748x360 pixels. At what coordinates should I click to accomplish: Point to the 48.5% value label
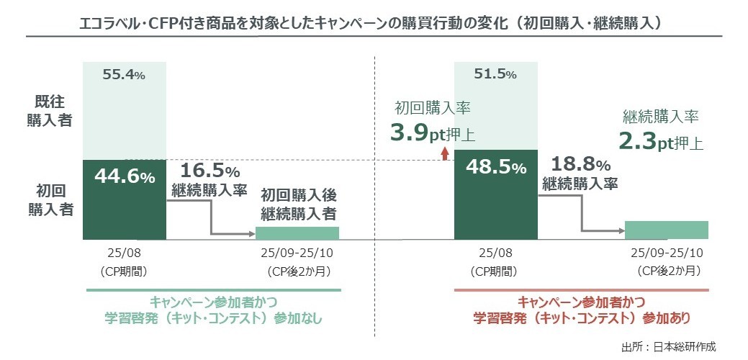point(497,168)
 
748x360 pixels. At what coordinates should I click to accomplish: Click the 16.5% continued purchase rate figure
point(209,171)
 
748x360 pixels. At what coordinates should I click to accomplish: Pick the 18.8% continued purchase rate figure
point(582,165)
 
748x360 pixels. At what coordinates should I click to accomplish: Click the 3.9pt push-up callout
point(436,133)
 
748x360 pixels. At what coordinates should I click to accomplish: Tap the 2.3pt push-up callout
point(663,142)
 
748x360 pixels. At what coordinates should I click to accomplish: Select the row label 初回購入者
point(55,200)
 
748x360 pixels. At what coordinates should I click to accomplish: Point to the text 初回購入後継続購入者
point(299,204)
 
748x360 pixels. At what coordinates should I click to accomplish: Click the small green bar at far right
point(667,229)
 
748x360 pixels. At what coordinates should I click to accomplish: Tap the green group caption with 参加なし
point(215,309)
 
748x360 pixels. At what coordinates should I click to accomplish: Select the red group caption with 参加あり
point(581,309)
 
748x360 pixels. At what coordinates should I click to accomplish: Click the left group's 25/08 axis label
point(125,253)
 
